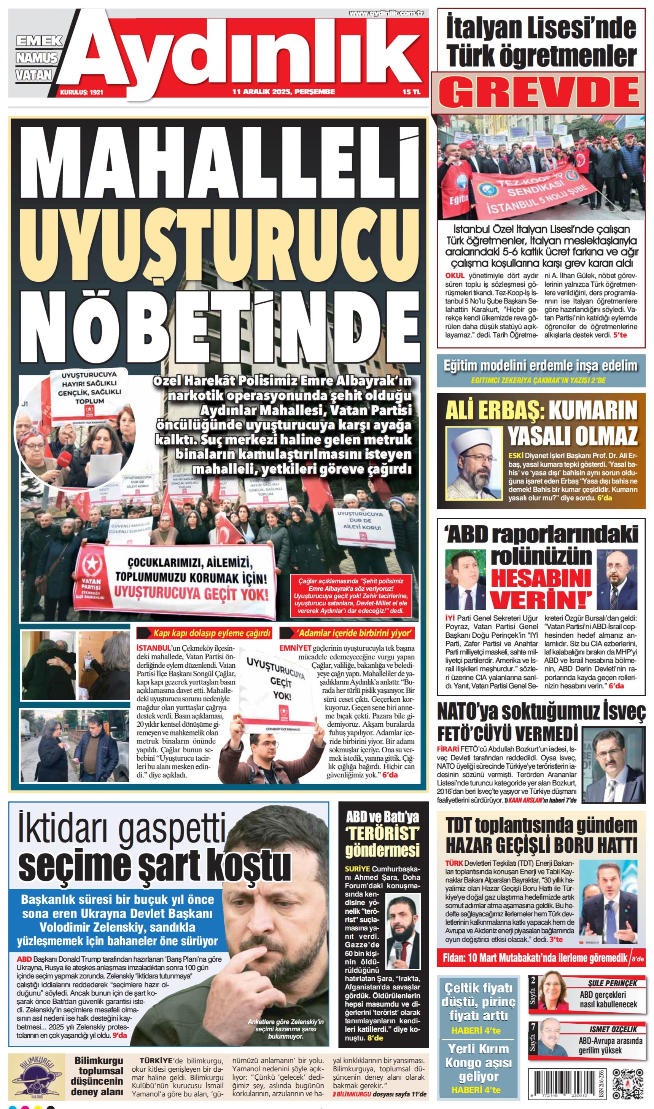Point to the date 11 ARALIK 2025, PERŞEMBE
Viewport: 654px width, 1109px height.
tap(283, 92)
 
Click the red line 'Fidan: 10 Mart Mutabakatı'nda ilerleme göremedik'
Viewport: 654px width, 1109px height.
tap(535, 958)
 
